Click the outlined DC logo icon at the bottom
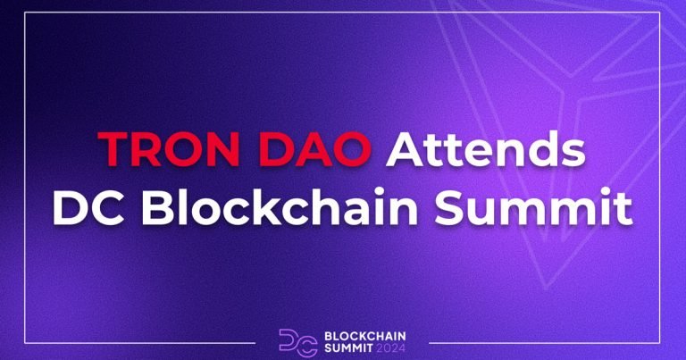coord(291,341)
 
